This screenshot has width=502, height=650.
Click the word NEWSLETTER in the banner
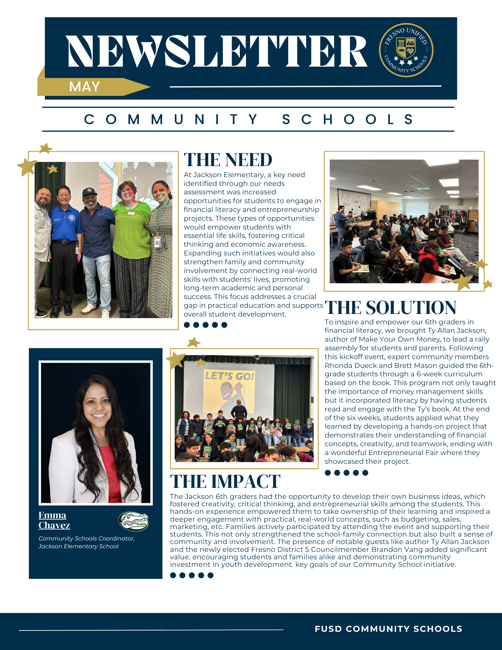pos(217,51)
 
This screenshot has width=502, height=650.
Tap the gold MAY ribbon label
pos(84,87)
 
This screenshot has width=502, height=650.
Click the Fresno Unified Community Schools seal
pos(406,50)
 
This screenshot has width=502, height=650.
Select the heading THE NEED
pos(228,160)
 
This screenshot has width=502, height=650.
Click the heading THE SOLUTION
pos(390,307)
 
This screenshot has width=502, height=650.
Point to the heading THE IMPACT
pos(225,481)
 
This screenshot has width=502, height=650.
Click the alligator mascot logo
pos(133,521)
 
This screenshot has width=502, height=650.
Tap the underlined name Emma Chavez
pos(54,520)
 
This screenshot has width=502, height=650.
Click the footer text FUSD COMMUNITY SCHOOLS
pos(388,629)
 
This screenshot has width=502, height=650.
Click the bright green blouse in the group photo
pos(132,231)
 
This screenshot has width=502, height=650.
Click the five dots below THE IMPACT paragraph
pos(192,575)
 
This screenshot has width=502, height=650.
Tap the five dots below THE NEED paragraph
pos(205,325)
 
